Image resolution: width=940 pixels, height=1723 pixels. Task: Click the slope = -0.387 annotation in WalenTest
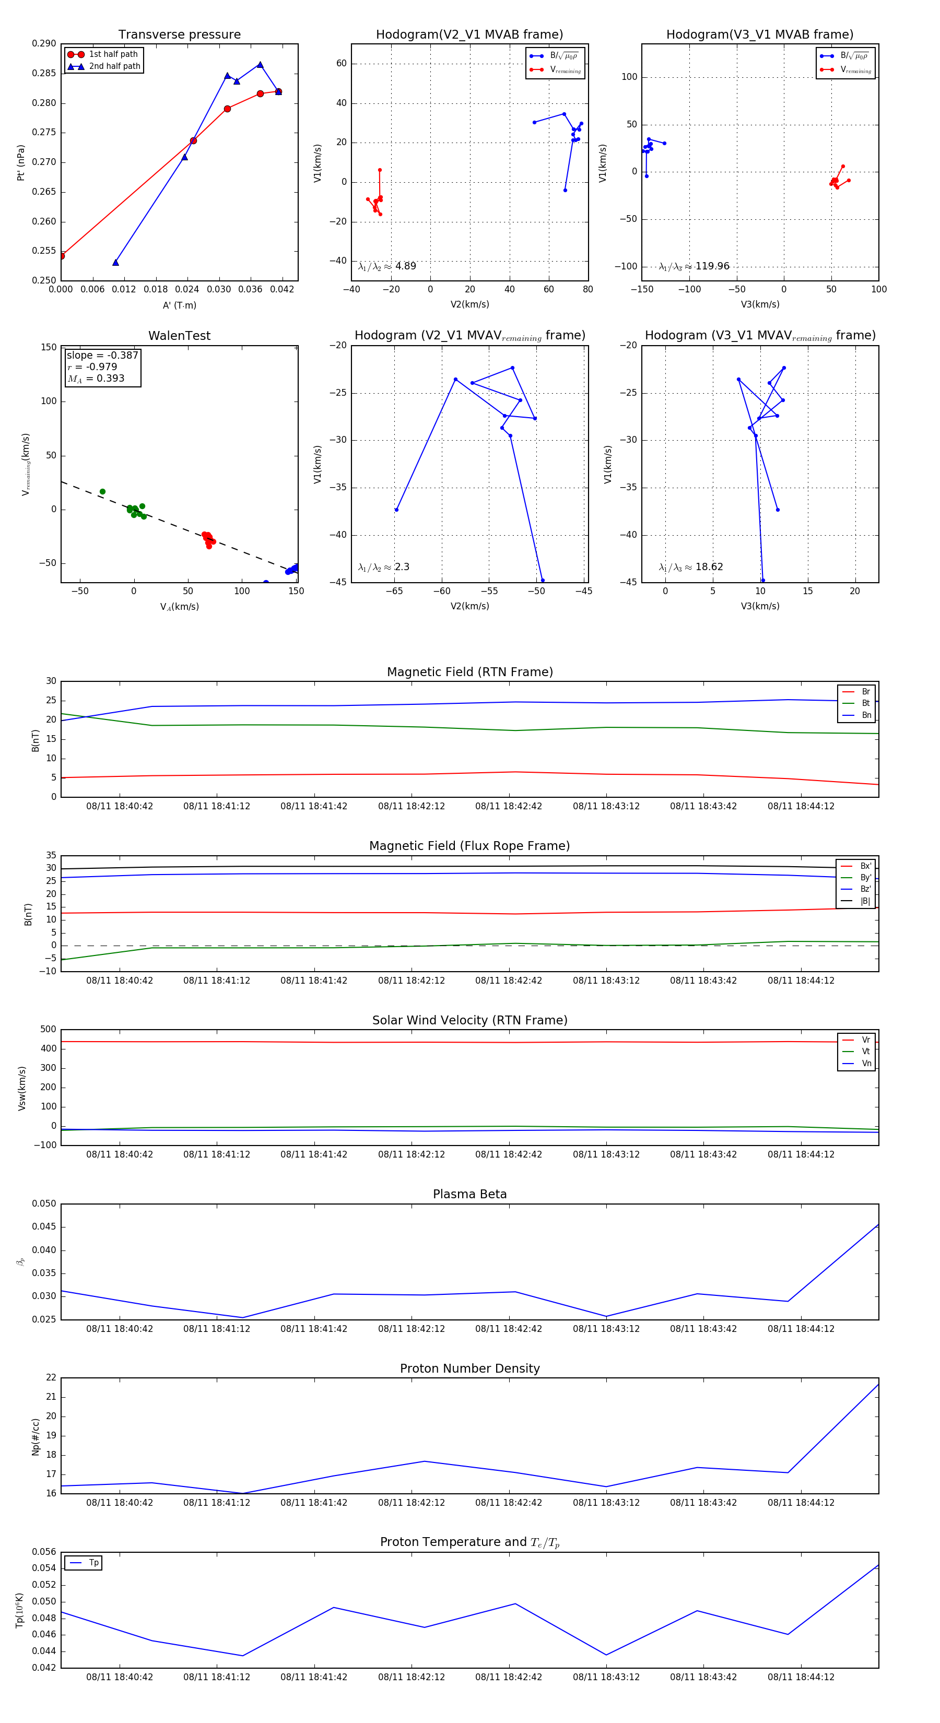[102, 355]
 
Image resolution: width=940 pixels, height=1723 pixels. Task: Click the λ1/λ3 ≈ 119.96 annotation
[694, 266]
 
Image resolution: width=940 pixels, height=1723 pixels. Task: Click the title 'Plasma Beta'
[469, 1194]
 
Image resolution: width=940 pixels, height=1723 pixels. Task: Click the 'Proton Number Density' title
[469, 1368]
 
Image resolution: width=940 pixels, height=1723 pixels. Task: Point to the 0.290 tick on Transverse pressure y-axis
[44, 43]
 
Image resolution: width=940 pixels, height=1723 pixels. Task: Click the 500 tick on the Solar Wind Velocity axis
[48, 1030]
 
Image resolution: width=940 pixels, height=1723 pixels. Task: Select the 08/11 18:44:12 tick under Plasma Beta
[801, 1328]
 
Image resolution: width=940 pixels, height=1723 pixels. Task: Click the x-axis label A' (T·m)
[179, 305]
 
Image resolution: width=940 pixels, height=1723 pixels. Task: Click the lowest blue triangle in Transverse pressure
[116, 262]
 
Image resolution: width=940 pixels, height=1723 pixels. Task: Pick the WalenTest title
[179, 336]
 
